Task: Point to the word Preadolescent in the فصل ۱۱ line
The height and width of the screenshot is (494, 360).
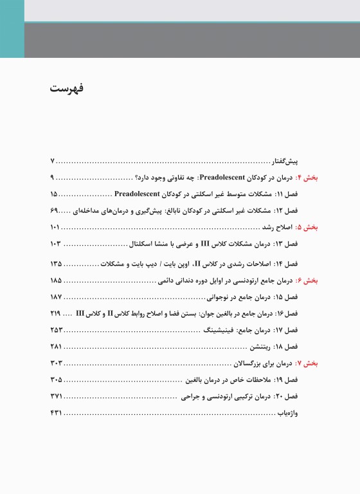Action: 138,194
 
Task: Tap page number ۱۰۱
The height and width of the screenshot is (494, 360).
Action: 55,227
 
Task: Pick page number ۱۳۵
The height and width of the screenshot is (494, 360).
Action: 56,264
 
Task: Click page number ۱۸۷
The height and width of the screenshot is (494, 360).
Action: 56,297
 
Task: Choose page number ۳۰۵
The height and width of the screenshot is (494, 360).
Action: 56,380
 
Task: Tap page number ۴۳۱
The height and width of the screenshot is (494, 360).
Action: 55,412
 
